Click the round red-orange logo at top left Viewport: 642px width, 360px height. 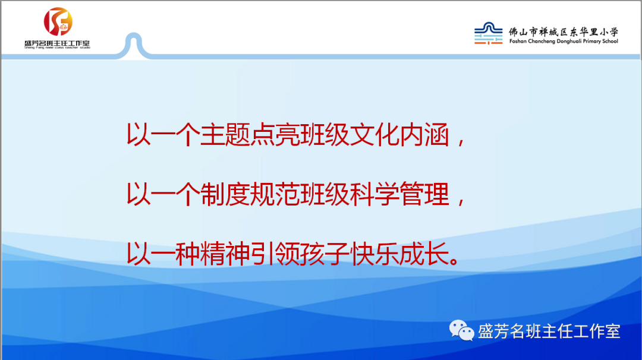pyautogui.click(x=58, y=21)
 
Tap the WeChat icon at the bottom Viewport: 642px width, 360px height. pyautogui.click(x=461, y=330)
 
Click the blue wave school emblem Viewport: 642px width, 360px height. pyautogui.click(x=489, y=33)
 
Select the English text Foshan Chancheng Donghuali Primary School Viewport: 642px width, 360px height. pyautogui.click(x=564, y=42)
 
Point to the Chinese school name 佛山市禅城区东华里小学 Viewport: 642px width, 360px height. pyautogui.click(x=564, y=32)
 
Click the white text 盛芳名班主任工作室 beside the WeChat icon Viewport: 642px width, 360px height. pyautogui.click(x=549, y=331)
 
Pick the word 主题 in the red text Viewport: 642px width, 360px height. pyautogui.click(x=225, y=135)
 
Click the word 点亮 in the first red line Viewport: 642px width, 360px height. pyautogui.click(x=274, y=135)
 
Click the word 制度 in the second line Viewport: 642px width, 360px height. pyautogui.click(x=225, y=194)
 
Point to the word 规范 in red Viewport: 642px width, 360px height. pyautogui.click(x=274, y=194)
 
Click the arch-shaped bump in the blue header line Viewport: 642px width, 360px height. pyautogui.click(x=134, y=35)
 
